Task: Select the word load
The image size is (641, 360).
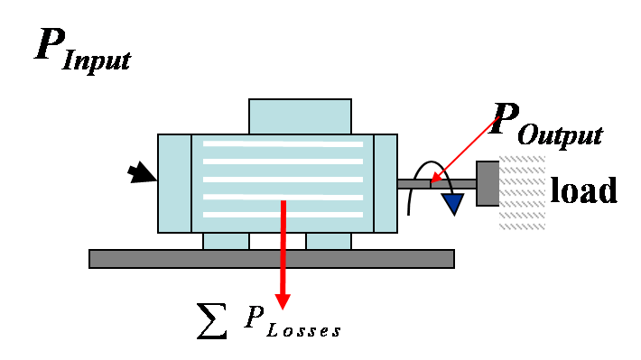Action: [x=584, y=190]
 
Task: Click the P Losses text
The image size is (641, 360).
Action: [x=290, y=323]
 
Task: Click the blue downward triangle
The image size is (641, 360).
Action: [x=452, y=204]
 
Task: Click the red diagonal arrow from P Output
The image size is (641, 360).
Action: [x=465, y=149]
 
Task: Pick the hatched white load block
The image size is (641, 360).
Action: [x=522, y=194]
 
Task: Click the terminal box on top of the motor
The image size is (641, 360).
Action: [x=300, y=116]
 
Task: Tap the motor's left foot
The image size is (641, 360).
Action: [x=226, y=241]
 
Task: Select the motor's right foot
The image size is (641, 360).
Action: [x=329, y=241]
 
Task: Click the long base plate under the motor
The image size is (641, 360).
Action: [x=271, y=259]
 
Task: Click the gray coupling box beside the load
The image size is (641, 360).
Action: [x=488, y=184]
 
